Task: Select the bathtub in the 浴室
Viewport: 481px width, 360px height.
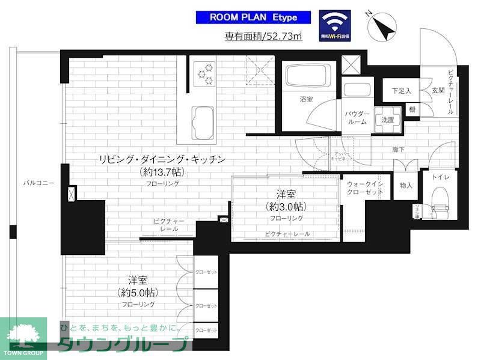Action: [x=307, y=77]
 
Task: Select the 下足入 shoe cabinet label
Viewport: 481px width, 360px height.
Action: [x=401, y=91]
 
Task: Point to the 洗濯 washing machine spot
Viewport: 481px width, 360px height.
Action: [x=388, y=120]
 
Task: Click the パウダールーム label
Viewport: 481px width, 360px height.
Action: [x=357, y=118]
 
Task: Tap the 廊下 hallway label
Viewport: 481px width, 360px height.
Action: [x=399, y=150]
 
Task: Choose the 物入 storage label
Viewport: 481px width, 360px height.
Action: [x=406, y=186]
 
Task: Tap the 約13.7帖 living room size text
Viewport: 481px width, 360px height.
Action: [x=162, y=172]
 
